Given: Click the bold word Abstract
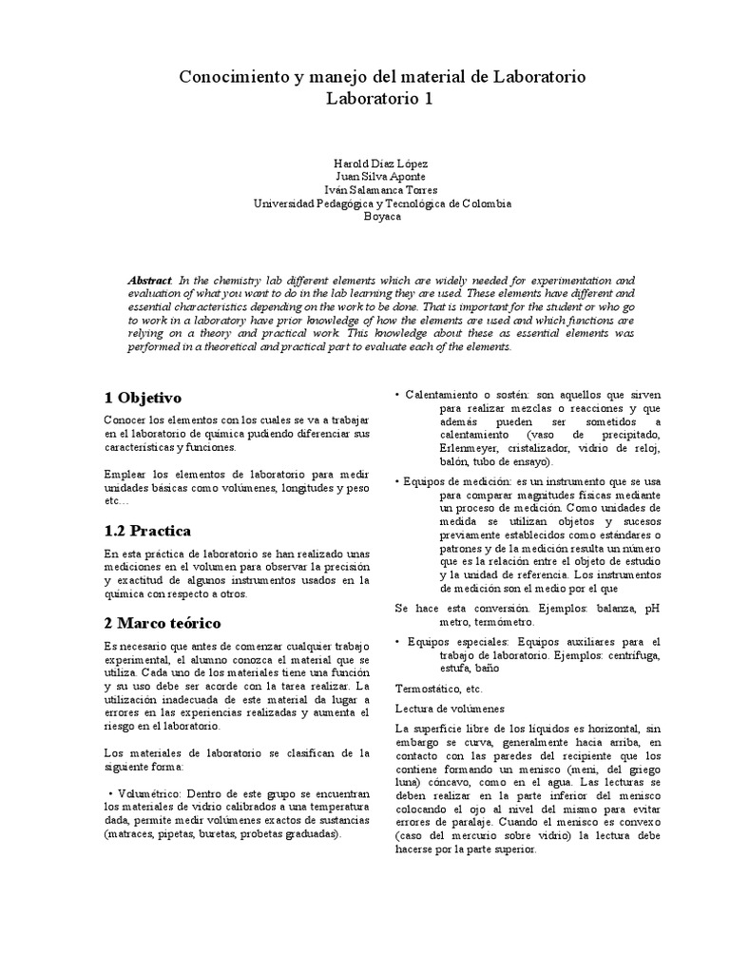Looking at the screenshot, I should click(x=150, y=282).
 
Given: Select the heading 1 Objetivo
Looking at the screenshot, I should click(x=142, y=397).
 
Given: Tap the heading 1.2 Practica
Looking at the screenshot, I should click(x=146, y=530).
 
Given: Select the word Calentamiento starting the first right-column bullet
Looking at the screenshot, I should click(x=444, y=394).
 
